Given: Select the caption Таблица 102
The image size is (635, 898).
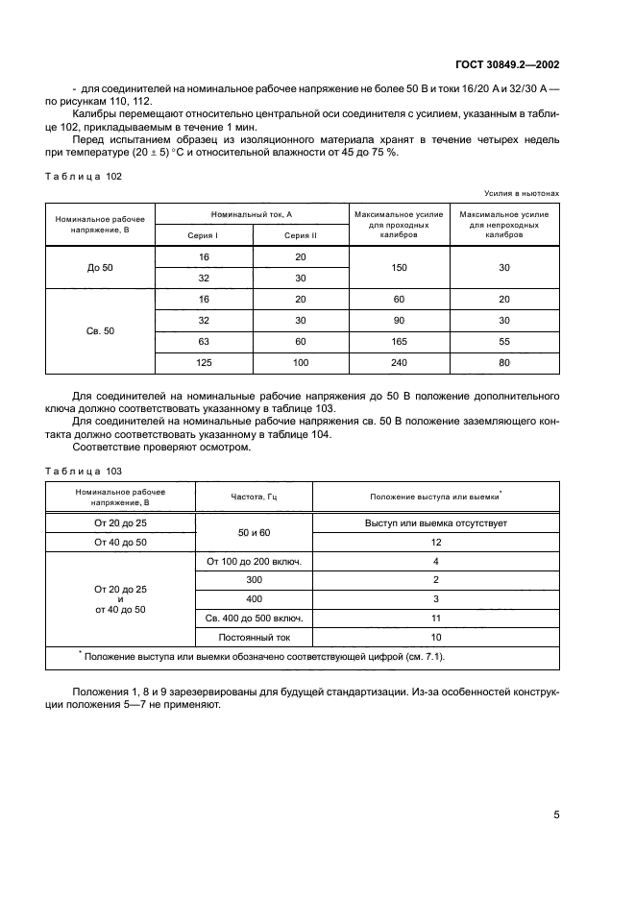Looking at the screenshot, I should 85,177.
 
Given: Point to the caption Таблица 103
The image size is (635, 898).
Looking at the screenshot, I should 85,471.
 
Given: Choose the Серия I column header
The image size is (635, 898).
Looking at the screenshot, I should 204,235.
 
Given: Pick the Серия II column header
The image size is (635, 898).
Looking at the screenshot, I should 300,235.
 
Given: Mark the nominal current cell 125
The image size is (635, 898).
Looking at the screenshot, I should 204,362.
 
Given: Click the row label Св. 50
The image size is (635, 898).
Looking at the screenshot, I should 101,330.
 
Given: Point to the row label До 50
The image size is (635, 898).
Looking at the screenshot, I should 101,270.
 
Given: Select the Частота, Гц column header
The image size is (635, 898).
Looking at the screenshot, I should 254,497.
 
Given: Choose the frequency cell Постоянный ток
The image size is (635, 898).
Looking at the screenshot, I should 254,636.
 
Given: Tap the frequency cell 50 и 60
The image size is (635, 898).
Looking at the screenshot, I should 254,532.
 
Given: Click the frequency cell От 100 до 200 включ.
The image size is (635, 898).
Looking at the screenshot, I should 254,561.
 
